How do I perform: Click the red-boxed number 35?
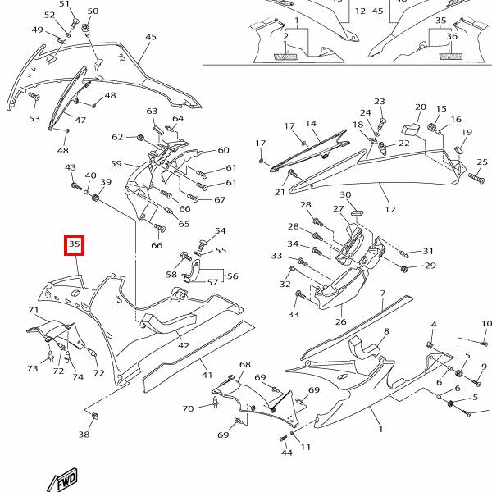(x=74, y=244)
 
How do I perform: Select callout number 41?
(x=207, y=375)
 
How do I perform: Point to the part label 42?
(x=184, y=346)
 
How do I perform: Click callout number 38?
(x=84, y=435)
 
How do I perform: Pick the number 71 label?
(x=34, y=310)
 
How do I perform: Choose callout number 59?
(x=116, y=164)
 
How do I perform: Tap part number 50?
(x=92, y=11)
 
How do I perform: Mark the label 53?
(x=34, y=119)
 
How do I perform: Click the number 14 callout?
(x=312, y=124)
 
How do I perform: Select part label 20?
(x=421, y=107)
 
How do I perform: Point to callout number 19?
(x=467, y=132)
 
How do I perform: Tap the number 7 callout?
(x=382, y=294)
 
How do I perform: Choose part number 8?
(x=386, y=330)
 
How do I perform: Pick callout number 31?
(x=427, y=252)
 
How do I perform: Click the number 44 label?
(x=287, y=453)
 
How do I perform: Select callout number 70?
(x=188, y=408)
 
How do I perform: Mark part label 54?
(x=220, y=231)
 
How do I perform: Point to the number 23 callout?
(x=380, y=102)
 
